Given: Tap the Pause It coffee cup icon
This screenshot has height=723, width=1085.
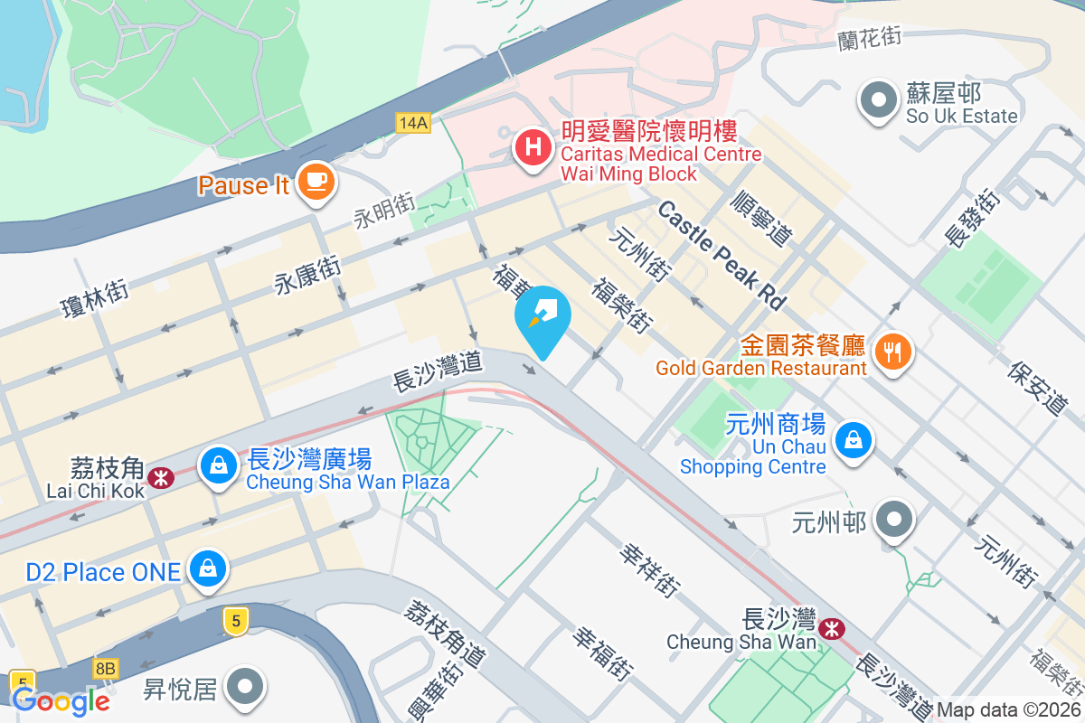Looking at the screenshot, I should click(x=316, y=181).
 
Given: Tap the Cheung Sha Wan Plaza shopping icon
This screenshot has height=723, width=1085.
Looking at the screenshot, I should click(x=218, y=465).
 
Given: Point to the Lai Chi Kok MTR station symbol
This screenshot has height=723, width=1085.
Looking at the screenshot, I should click(x=162, y=476).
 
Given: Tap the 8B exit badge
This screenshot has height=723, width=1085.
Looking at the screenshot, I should click(x=105, y=669).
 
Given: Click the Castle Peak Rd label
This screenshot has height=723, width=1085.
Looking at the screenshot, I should click(x=722, y=255).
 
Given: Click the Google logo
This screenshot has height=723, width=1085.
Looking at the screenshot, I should click(x=61, y=700).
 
